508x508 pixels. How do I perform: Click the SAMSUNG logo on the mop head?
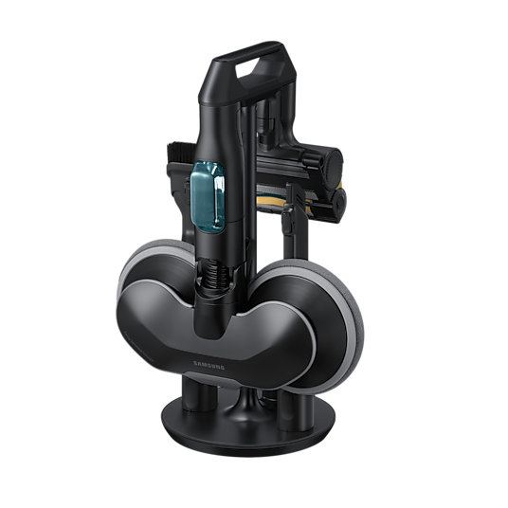point(209,365)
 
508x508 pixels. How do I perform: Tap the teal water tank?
point(208,197)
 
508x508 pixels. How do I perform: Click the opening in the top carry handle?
point(249,68)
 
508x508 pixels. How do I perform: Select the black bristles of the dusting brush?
point(180,153)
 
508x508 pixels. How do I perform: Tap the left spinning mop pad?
point(153,265)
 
